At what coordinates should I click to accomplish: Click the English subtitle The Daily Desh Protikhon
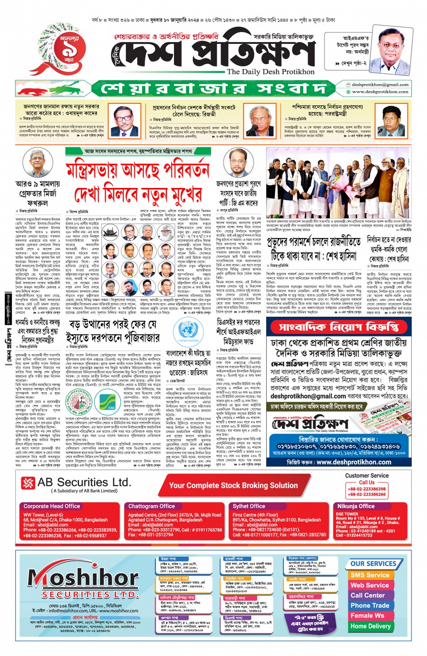point(270,71)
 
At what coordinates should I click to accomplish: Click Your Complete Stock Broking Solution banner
point(233,485)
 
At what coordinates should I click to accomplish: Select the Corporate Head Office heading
point(52,506)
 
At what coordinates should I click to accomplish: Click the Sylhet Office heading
point(249,506)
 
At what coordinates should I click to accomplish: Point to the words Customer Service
point(366,475)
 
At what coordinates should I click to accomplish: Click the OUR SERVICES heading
point(373,563)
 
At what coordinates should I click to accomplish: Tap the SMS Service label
point(370,575)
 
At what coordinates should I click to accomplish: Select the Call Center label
point(368,595)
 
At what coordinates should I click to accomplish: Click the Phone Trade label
point(370,605)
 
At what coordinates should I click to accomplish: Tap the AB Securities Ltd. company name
point(84,482)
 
